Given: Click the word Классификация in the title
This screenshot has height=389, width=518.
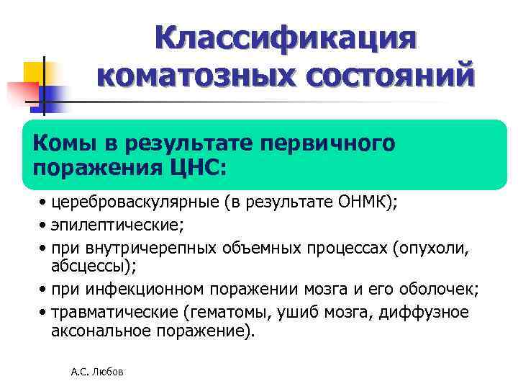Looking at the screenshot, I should coord(285,37).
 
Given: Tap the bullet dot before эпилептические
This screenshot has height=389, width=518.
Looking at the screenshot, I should coord(45,226).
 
